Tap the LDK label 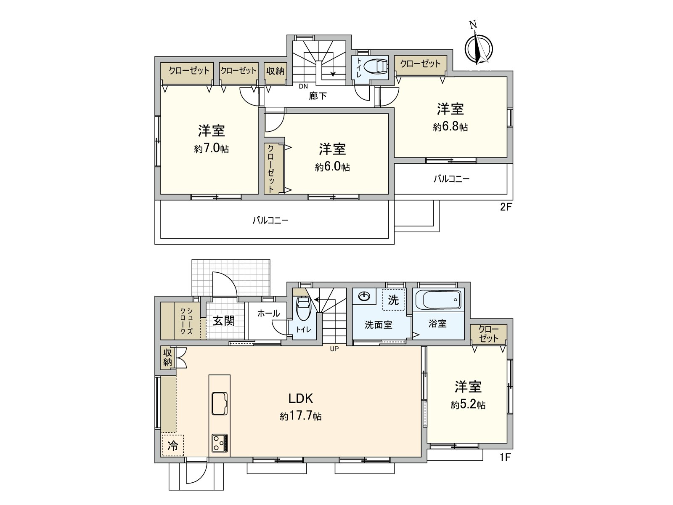[300, 398]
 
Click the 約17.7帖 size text [301, 417]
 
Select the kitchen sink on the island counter [220, 403]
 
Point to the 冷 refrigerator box [172, 446]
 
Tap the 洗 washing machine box [393, 300]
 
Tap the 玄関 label [223, 321]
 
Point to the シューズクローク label [186, 322]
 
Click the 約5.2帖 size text [468, 405]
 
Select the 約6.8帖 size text [450, 127]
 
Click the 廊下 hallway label [318, 96]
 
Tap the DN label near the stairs [303, 87]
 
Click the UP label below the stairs [334, 348]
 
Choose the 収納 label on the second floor [276, 71]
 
